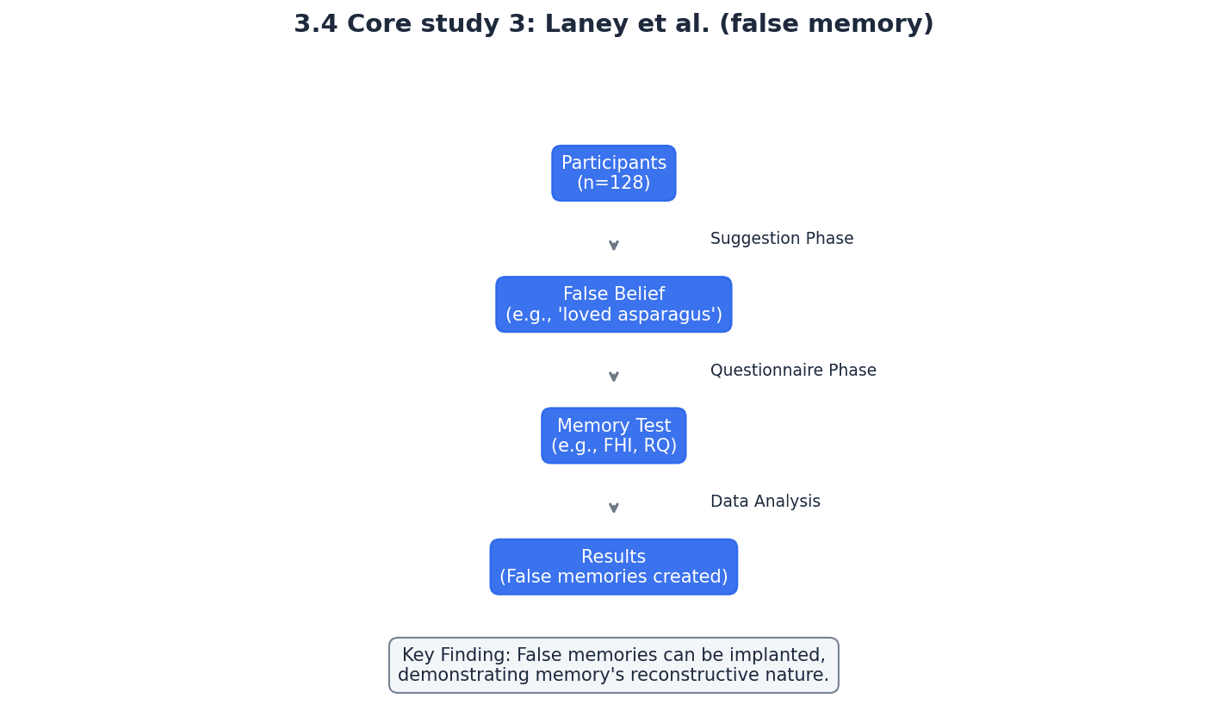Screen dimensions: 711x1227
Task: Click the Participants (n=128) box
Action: pyautogui.click(x=613, y=173)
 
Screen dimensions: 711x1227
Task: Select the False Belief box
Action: pyautogui.click(x=613, y=304)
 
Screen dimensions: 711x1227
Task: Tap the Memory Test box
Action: pyautogui.click(x=613, y=435)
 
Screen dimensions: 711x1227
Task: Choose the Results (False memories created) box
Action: pyautogui.click(x=613, y=567)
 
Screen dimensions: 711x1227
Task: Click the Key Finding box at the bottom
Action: pyautogui.click(x=613, y=665)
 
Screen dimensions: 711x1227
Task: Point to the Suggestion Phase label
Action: pyautogui.click(x=781, y=239)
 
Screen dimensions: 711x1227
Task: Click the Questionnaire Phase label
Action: pyautogui.click(x=792, y=371)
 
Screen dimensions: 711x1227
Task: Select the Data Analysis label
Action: pyautogui.click(x=765, y=502)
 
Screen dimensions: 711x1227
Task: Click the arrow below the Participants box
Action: pyautogui.click(x=613, y=245)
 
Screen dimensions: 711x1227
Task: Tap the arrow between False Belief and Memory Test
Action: pyautogui.click(x=613, y=376)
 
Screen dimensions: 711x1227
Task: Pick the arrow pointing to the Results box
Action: pyautogui.click(x=613, y=508)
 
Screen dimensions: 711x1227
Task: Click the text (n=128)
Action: pyautogui.click(x=613, y=184)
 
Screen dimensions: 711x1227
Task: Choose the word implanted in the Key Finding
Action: pyautogui.click(x=781, y=656)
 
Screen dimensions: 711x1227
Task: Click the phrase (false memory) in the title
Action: pyautogui.click(x=826, y=25)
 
